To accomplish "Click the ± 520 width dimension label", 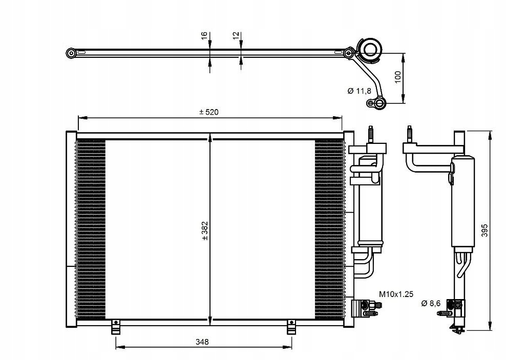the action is tap(209, 112).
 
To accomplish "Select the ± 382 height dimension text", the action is tap(205, 230).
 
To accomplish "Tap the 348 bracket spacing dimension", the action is tap(202, 342).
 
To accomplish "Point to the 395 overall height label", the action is tap(484, 230).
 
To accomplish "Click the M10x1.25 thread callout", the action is tap(396, 294).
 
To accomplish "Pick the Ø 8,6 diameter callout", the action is tap(431, 303).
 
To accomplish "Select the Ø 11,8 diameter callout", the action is tap(360, 91).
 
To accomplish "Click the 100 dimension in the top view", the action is tap(397, 77).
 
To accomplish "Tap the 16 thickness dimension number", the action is tap(204, 36).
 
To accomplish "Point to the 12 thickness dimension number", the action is tap(236, 35).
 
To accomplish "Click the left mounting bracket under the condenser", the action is tap(115, 327).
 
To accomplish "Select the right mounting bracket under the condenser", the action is tap(291, 327).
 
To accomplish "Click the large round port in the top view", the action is tap(370, 50).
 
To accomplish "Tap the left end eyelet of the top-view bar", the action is tap(71, 53).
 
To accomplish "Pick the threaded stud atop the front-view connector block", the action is tap(371, 134).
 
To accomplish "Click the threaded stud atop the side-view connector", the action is tap(410, 135).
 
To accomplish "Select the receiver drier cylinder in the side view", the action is tap(463, 202).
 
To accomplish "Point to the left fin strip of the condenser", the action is tap(90, 229).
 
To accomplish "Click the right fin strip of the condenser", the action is tap(329, 229).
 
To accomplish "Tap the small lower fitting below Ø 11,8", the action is tap(376, 103).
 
